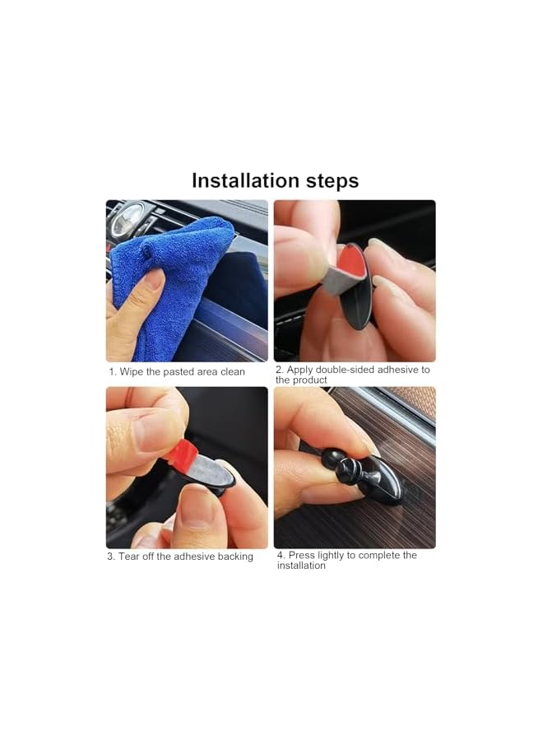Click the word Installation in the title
coord(244,180)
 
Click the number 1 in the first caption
coord(112,372)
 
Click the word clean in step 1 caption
coord(231,372)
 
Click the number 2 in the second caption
coord(279,370)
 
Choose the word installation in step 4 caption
coord(301,566)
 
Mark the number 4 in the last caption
coord(280,556)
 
